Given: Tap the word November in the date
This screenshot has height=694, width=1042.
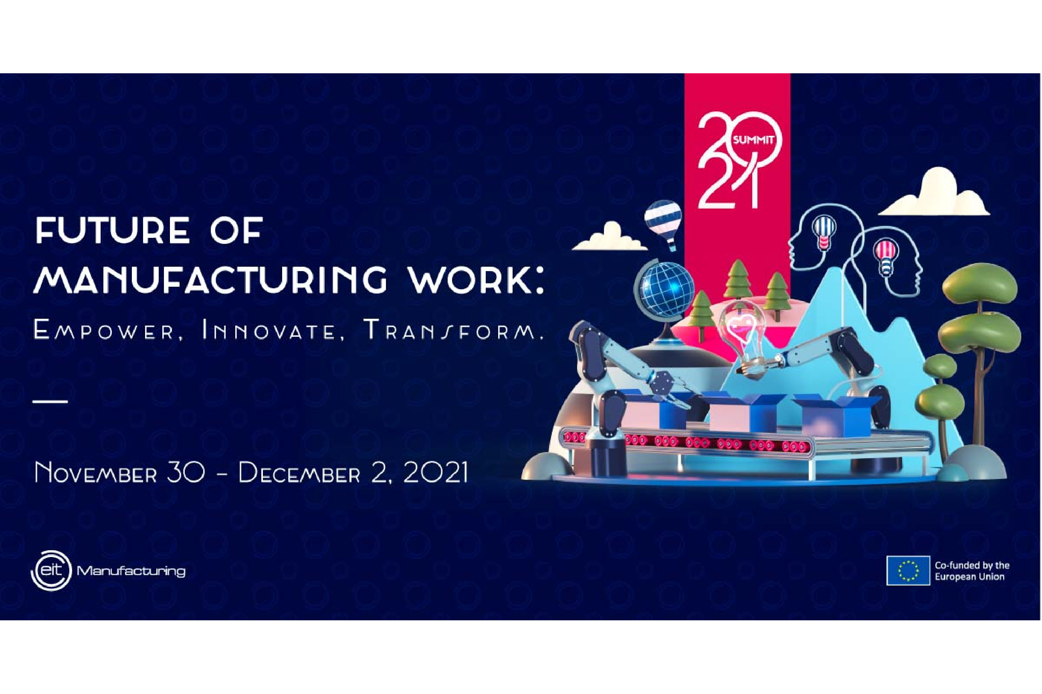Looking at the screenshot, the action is point(95,473).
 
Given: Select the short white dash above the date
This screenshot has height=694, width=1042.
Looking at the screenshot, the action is point(50,401).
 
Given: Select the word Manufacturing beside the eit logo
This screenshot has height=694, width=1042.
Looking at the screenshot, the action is point(131,571).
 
